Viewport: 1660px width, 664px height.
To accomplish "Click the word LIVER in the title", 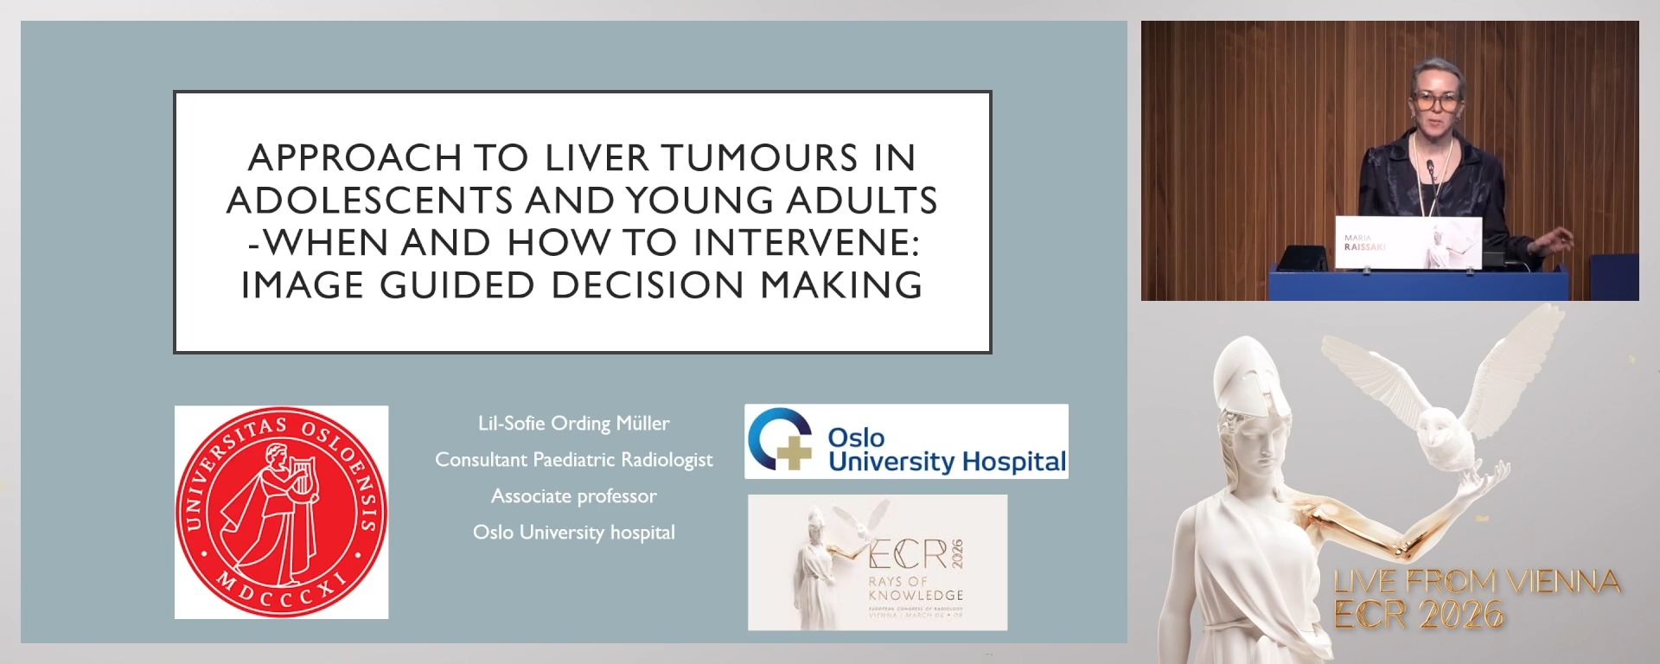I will click(x=597, y=158).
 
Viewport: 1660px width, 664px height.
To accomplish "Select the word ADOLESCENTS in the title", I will click(x=370, y=201).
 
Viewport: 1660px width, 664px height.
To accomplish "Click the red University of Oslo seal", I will click(x=281, y=512).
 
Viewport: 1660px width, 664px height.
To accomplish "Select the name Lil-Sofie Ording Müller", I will click(x=573, y=424).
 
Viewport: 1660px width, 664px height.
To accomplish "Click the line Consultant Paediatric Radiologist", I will click(x=573, y=460).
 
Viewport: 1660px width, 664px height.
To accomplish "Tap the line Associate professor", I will click(x=573, y=496).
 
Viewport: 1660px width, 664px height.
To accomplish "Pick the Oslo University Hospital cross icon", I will click(x=780, y=440).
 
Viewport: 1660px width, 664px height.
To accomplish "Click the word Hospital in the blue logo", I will click(x=1013, y=462).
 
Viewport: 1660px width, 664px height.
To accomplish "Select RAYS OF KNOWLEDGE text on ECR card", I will click(x=915, y=589).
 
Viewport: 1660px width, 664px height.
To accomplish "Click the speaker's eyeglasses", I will click(x=1436, y=100).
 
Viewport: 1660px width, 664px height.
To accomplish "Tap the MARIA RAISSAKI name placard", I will click(x=1408, y=243).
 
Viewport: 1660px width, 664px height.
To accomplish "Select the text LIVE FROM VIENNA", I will click(x=1476, y=582).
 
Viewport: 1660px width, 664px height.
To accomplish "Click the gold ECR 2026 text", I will click(x=1418, y=616).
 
